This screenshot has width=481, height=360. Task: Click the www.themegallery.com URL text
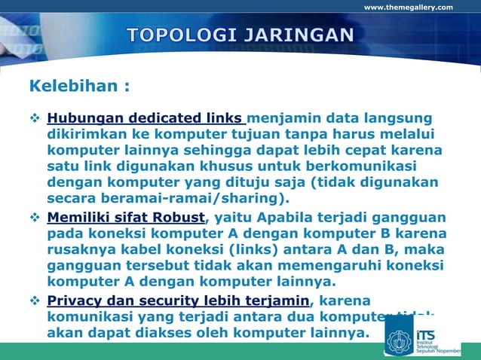coord(408,8)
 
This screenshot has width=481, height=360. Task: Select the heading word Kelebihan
coord(72,85)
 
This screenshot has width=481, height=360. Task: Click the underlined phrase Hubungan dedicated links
coord(146,118)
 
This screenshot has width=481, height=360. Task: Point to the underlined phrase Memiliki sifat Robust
coord(126,218)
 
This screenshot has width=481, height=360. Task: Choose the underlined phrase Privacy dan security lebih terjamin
coord(178,301)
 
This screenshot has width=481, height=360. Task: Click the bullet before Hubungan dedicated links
coord(35,118)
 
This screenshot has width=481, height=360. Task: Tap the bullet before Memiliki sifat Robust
coord(35,218)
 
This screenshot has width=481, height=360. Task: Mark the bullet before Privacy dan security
coord(35,301)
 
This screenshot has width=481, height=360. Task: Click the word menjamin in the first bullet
coord(283,118)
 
